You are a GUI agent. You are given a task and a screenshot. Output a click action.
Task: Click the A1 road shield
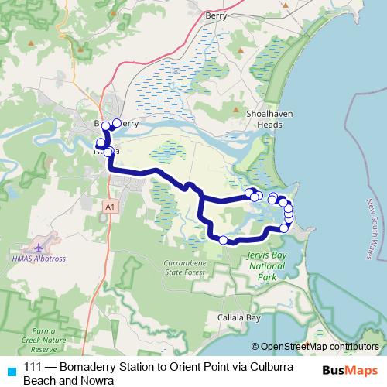pyautogui.click(x=109, y=207)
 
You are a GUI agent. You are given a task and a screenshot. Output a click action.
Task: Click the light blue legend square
pyautogui.click(x=10, y=368)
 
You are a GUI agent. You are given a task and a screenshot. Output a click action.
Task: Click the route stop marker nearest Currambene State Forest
pyautogui.click(x=223, y=240)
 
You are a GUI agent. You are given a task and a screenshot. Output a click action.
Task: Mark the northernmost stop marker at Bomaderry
pyautogui.click(x=117, y=122)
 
